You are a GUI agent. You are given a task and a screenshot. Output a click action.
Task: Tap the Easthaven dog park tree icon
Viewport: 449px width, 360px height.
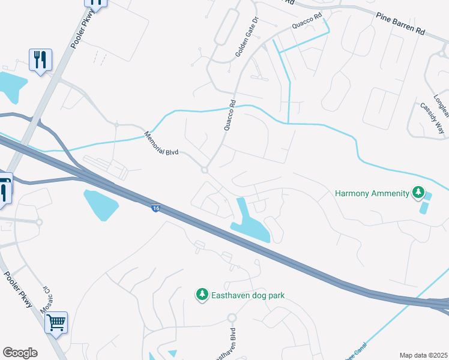pos(202,295)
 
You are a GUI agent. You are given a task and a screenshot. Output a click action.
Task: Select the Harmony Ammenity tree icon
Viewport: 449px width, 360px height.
pos(418,193)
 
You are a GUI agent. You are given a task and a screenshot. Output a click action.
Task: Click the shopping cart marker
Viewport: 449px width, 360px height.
pos(56,322)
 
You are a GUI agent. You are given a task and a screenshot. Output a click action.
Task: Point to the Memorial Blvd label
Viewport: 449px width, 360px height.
pos(163,143)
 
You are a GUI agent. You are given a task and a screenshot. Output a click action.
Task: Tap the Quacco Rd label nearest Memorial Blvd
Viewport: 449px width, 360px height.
pos(229,117)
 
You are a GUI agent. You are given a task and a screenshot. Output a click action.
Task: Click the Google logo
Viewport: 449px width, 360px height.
pos(20,353)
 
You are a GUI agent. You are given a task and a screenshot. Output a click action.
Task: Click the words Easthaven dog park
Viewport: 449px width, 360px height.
pos(247,295)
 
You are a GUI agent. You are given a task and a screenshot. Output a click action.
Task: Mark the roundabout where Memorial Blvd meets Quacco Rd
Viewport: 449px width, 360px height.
pos(205,170)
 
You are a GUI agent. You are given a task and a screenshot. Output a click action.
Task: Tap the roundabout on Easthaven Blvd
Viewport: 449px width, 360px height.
pos(232,317)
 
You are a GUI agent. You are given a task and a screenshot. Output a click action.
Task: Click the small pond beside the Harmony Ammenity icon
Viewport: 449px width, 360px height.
pos(425,208)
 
